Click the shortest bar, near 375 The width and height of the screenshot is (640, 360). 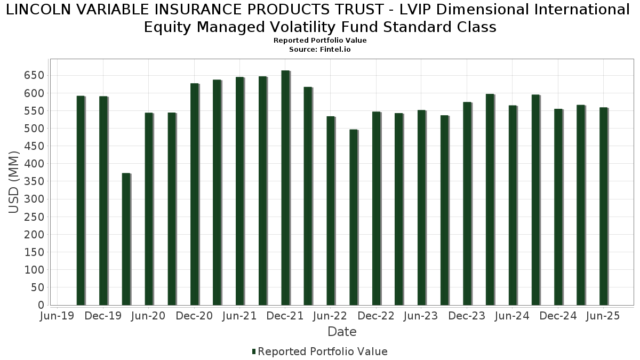(126, 239)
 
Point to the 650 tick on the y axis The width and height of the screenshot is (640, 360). (34, 75)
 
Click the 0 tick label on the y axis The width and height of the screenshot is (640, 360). (41, 305)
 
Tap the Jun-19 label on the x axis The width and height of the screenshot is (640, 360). (58, 316)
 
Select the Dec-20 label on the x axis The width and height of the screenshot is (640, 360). (194, 316)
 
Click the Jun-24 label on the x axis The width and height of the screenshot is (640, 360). (512, 316)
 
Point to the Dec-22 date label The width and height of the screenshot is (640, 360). (376, 316)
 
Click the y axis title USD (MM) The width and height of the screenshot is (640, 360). (14, 182)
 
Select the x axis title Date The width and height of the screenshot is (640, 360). (342, 332)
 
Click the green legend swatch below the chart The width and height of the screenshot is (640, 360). (254, 351)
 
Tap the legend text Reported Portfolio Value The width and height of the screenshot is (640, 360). (323, 351)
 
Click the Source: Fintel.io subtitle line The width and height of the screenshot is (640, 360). (320, 49)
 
